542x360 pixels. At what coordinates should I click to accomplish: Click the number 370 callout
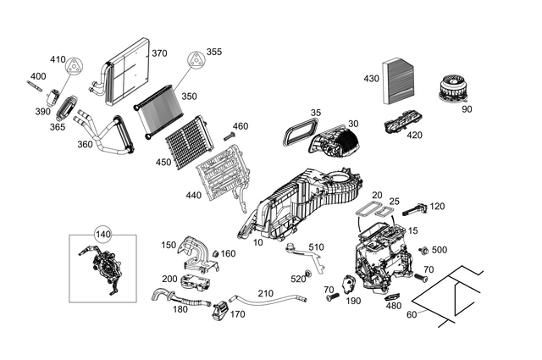pos(159,53)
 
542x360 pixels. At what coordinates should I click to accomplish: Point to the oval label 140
pos(102,235)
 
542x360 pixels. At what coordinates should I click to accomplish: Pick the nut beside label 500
pos(422,250)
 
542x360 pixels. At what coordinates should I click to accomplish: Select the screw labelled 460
pos(229,136)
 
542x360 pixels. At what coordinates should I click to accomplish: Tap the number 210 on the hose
pos(265,294)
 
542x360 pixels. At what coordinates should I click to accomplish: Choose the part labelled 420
pos(404,125)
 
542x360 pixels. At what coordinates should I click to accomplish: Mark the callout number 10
pos(257,242)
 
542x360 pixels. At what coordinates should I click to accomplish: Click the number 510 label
pos(316,247)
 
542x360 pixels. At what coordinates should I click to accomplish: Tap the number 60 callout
pos(412,314)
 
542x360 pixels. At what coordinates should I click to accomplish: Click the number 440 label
pos(193,195)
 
